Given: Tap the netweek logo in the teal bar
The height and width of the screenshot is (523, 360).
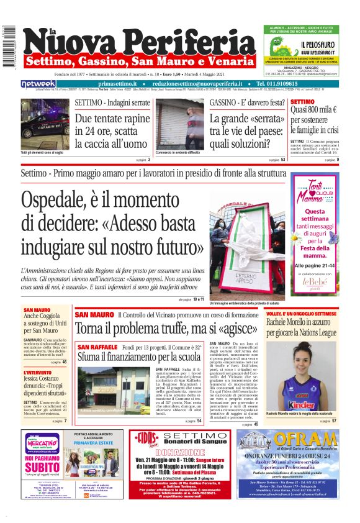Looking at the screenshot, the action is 38,84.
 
